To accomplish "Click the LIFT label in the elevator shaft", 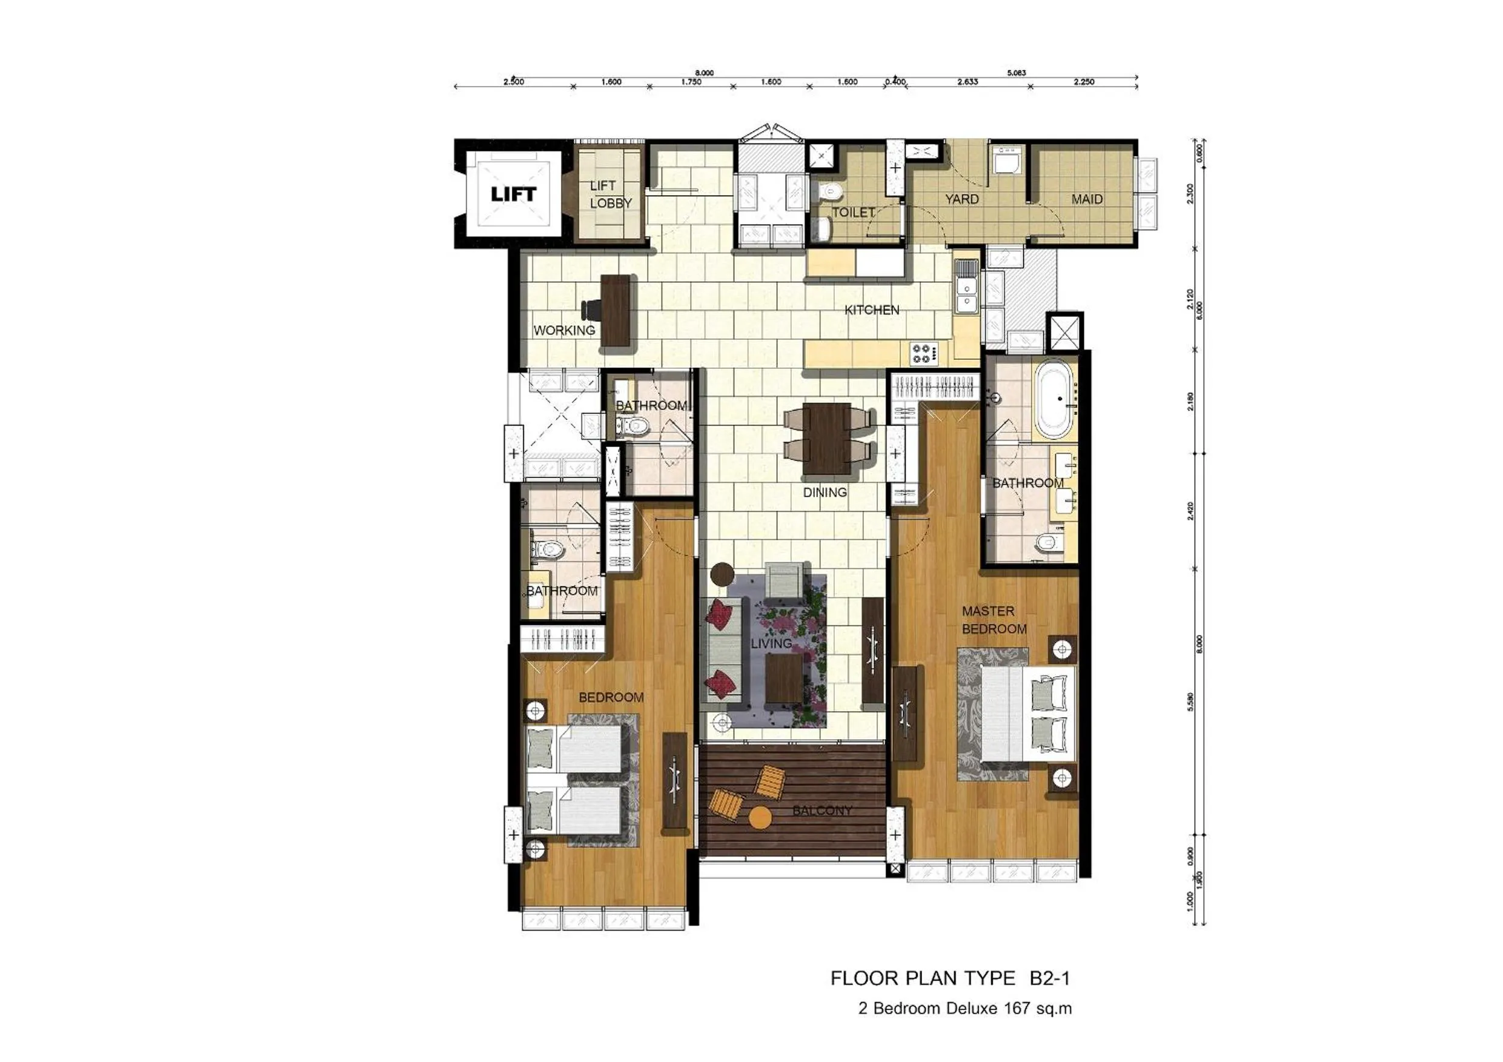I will (x=513, y=194).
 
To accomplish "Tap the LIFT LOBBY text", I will (x=610, y=195).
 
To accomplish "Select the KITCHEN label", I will (x=871, y=310).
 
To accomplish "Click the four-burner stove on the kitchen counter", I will (x=923, y=354).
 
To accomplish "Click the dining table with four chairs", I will (x=827, y=438).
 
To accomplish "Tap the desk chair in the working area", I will (x=133, y=308).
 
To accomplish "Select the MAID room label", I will (x=1087, y=199).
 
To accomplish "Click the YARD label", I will (x=961, y=199).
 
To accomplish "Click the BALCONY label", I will (x=822, y=811).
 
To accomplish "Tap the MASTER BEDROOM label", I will (x=993, y=620).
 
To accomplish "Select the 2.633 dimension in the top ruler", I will (x=967, y=82).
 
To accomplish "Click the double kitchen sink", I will (x=965, y=295).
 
